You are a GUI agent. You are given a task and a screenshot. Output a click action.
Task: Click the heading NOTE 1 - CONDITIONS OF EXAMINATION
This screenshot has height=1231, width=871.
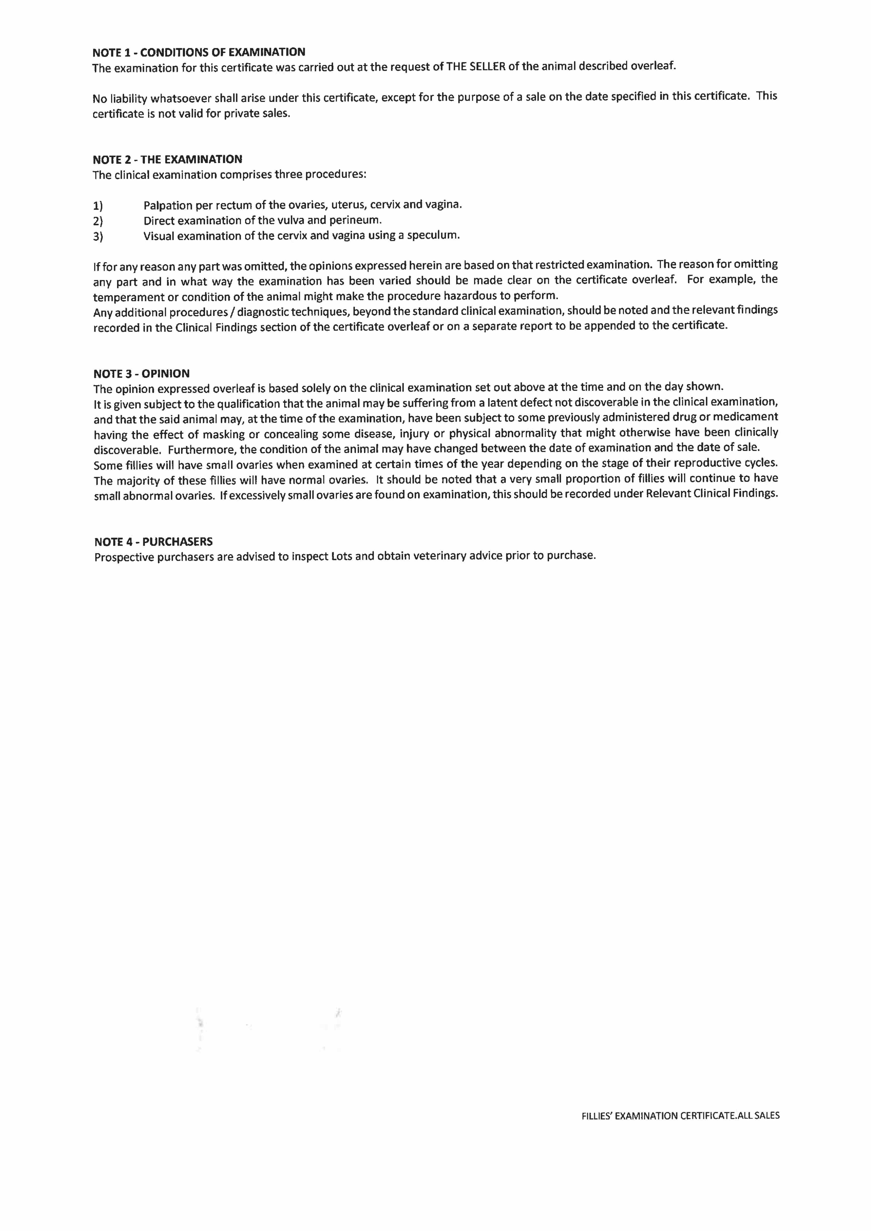tap(199, 52)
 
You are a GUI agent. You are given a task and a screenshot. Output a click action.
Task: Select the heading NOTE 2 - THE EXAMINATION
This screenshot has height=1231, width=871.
tap(168, 159)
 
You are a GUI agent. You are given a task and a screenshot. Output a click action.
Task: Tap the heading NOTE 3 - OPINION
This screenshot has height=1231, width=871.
tap(142, 374)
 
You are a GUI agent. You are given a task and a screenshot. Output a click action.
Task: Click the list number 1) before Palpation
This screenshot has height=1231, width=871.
tap(98, 206)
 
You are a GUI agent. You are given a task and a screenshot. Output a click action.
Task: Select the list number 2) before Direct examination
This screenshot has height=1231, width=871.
tap(98, 221)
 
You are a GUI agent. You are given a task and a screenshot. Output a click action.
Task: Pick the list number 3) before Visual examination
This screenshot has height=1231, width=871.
tap(98, 236)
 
